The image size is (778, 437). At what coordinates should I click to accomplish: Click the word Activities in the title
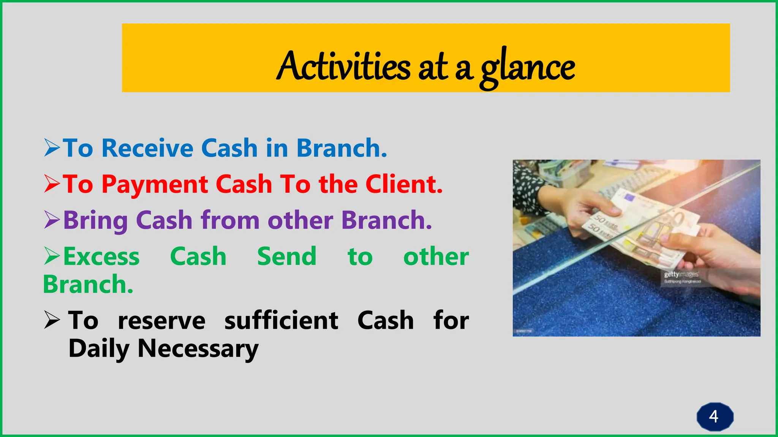pos(344,66)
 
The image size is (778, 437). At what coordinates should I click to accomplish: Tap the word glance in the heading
pos(528,68)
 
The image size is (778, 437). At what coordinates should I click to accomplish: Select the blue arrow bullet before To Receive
pos(52,148)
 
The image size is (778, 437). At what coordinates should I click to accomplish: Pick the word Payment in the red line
pos(155,184)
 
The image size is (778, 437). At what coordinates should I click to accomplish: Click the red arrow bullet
pos(52,184)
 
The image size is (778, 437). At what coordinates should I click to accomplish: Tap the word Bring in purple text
pos(95,220)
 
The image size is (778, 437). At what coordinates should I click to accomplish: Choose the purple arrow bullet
pos(52,220)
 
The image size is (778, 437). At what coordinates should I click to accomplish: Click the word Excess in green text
pos(101,257)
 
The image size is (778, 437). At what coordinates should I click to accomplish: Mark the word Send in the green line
pos(287,257)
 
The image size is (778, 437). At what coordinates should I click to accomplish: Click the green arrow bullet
pos(52,256)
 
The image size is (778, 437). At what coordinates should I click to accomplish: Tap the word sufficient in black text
pos(281,321)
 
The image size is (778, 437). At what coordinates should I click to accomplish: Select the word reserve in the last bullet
pos(161,321)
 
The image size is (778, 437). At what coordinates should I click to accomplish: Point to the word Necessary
pos(198,349)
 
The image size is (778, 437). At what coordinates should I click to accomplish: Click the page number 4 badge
pos(714,417)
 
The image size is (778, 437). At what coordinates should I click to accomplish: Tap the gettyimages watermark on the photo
pos(681,275)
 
